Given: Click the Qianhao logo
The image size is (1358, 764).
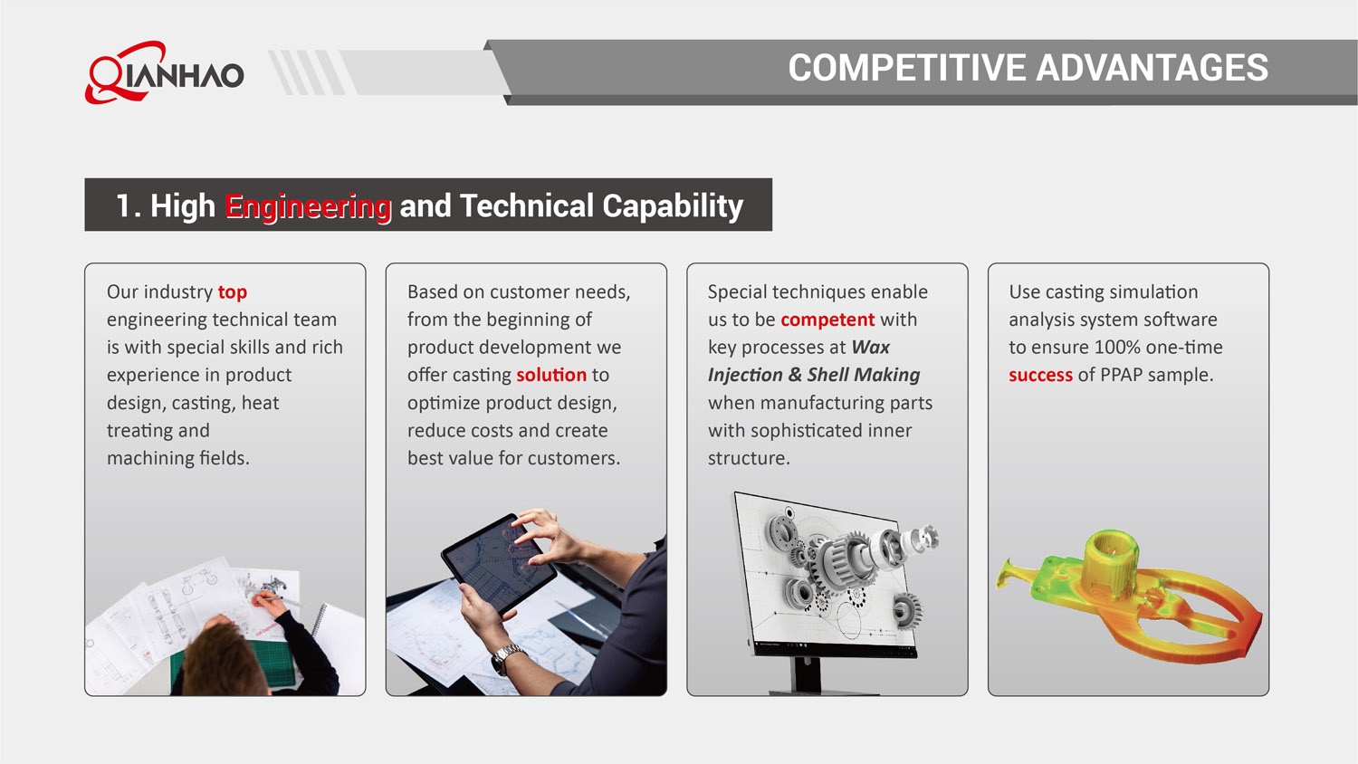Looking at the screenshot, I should (165, 72).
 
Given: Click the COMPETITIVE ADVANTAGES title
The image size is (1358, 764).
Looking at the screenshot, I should (1028, 68).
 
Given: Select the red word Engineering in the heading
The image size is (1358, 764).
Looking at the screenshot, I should (308, 206).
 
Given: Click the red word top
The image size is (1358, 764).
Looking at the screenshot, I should (232, 292).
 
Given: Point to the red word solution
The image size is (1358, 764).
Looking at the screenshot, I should (551, 375).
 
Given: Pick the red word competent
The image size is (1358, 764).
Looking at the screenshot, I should (827, 320).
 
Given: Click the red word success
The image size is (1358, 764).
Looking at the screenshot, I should (1040, 375).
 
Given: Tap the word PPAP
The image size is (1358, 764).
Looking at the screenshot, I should (1121, 375).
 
